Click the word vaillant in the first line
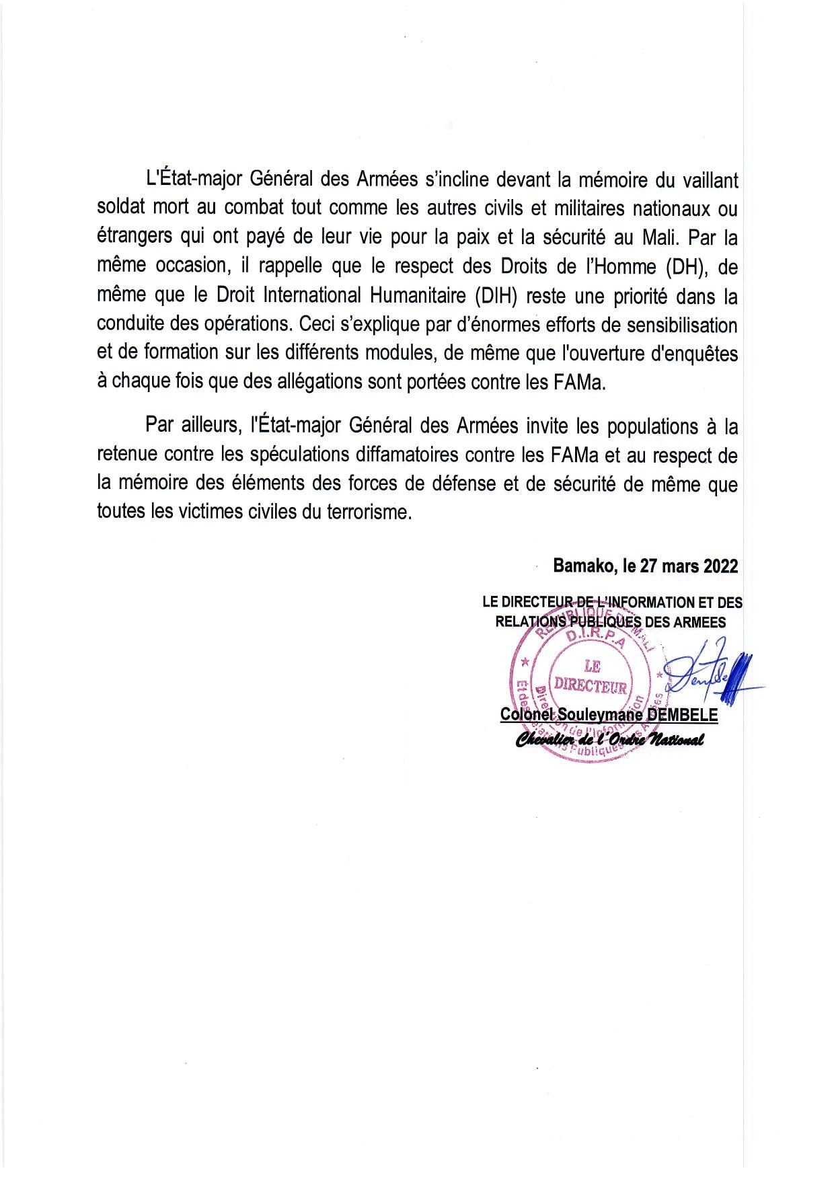click(706, 180)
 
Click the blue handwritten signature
click(713, 675)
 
